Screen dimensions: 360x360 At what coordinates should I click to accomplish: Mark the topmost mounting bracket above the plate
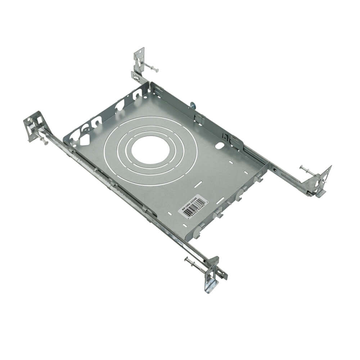tap(139, 61)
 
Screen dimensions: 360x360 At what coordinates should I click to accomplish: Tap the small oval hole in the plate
tap(219, 146)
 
